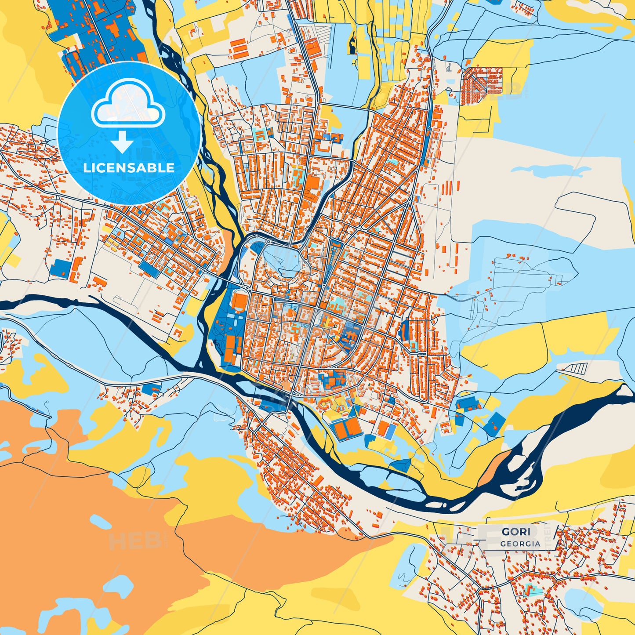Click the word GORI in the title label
pos(516,531)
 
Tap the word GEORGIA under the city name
pos(520,544)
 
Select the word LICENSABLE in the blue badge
pos(129,168)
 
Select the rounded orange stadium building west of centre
pos(240,302)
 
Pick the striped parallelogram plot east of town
pos(573,368)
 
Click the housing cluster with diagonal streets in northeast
pos(482,80)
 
